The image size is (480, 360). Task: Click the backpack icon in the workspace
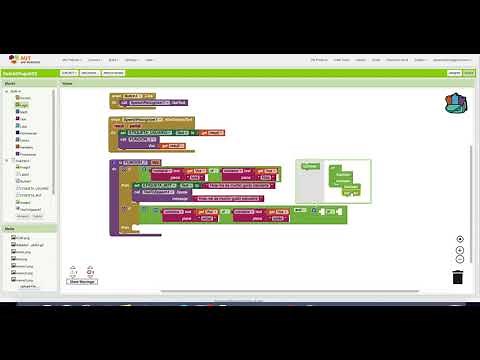(456, 103)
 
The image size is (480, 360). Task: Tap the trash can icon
(457, 277)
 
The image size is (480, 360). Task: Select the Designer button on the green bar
(452, 73)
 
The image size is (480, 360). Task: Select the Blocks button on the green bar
(467, 73)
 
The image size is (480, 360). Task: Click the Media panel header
(9, 228)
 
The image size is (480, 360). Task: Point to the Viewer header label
(67, 83)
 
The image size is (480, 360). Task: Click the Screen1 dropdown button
(69, 73)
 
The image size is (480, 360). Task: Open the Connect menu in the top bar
(94, 59)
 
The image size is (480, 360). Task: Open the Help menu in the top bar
(148, 59)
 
